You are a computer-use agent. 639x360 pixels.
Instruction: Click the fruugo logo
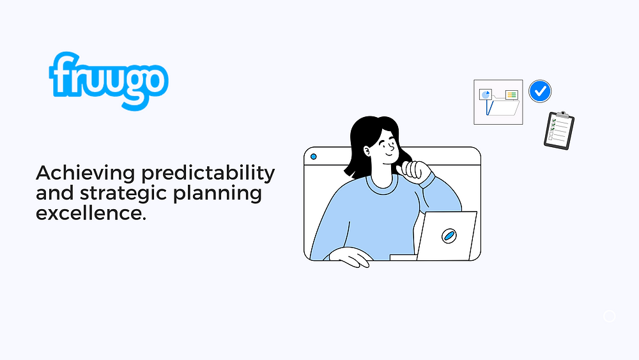109,81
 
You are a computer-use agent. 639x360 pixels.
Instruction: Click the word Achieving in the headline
85,173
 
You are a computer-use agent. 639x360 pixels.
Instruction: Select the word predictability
208,173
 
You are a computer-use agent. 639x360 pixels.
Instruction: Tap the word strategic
123,193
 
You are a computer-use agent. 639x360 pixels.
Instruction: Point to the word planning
217,193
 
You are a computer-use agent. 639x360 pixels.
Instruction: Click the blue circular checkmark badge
540,91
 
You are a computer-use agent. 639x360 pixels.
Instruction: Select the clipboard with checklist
558,130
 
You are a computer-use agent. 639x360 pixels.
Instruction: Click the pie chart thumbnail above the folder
486,95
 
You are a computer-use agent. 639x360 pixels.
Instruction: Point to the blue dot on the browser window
313,157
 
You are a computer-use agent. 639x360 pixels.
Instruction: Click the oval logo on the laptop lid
449,235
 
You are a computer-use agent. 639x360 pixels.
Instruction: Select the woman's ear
366,152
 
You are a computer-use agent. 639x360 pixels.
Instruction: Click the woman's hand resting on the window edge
350,257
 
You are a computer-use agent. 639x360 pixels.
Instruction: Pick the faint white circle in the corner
609,316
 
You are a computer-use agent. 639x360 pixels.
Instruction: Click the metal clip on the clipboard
562,114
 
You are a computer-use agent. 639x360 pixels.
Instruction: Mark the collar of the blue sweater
382,185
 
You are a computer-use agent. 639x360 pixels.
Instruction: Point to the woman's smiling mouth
389,155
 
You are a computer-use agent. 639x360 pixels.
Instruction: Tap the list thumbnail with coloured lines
511,95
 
